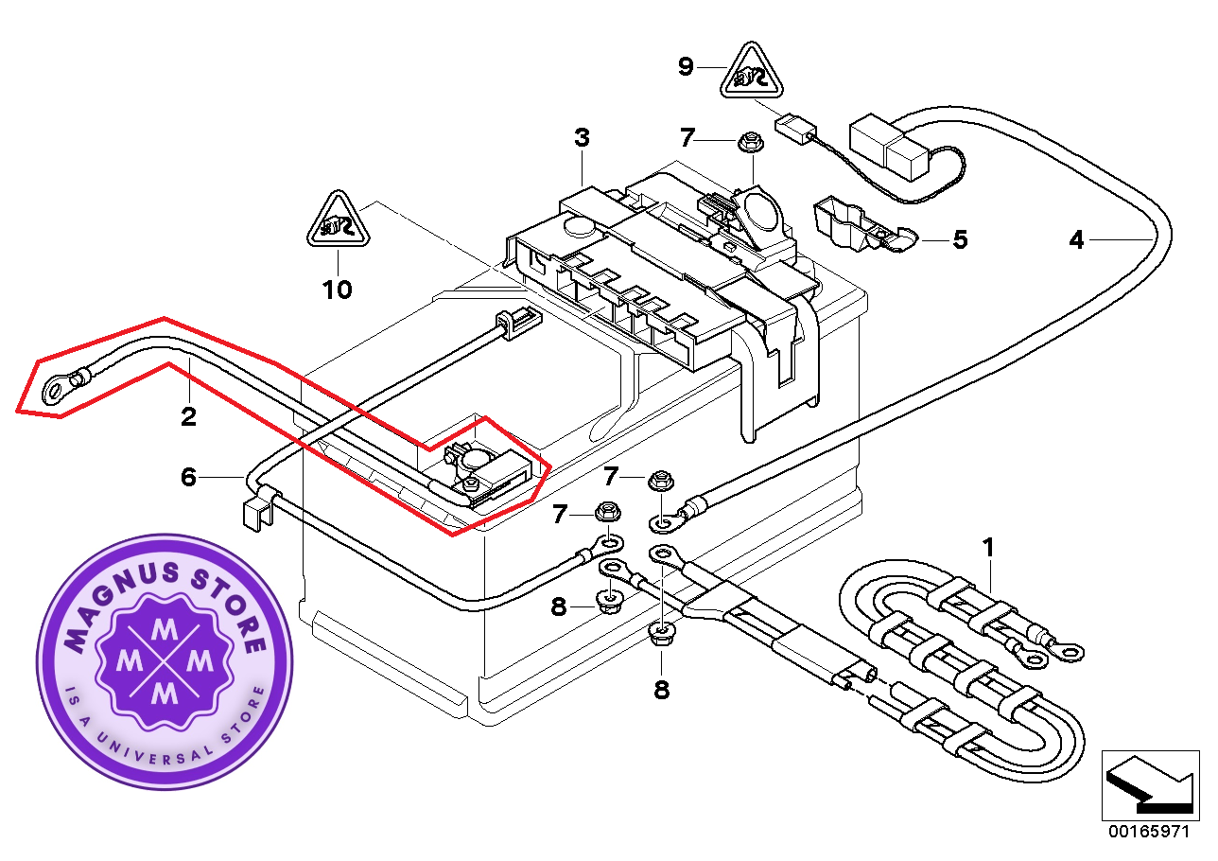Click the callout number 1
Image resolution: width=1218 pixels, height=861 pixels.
tap(989, 547)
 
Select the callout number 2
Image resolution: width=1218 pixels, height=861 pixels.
tap(188, 416)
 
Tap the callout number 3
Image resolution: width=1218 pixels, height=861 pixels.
tap(582, 137)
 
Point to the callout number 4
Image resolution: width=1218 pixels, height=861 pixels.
tap(1076, 240)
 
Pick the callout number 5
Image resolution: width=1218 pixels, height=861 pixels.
tap(960, 240)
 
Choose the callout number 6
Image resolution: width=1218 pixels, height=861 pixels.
tap(188, 478)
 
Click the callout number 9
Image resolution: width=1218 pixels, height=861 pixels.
tap(686, 66)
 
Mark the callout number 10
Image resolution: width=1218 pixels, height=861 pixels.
tap(337, 289)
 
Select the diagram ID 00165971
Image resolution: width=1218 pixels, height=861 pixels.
tap(1148, 832)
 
